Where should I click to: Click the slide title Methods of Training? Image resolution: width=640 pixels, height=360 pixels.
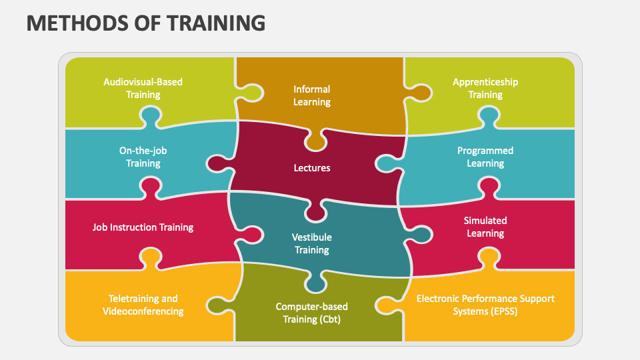coord(146,23)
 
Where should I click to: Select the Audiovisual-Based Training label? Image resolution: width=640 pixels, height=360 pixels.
coord(143,88)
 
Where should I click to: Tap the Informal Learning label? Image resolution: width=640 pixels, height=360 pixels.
coord(312,95)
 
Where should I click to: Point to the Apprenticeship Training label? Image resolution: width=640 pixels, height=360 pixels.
coord(485,88)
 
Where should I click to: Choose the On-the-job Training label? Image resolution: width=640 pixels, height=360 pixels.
coord(143,157)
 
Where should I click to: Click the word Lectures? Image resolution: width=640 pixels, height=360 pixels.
coord(312,168)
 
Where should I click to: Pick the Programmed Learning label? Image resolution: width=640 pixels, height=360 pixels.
coord(485,157)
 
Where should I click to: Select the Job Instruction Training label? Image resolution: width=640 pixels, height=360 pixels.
coord(143,227)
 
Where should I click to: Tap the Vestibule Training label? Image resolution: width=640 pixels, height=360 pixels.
coord(312,243)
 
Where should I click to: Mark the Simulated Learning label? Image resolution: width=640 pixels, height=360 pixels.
coord(485,227)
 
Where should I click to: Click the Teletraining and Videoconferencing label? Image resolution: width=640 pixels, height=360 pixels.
coord(143,305)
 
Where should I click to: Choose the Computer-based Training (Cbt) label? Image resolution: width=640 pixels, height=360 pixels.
coord(312,313)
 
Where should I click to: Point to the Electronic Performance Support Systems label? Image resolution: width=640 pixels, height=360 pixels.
coord(485,305)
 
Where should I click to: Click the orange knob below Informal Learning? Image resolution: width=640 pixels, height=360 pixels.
coord(315,141)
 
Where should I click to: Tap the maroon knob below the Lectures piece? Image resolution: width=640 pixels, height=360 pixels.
coord(315,212)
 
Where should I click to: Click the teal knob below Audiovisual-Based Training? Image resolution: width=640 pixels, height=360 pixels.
coord(151,116)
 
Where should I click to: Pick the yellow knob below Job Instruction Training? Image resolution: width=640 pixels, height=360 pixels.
coord(151,258)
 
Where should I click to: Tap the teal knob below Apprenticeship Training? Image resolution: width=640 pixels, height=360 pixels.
coord(489,116)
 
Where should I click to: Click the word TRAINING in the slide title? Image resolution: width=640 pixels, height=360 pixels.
coord(216,23)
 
